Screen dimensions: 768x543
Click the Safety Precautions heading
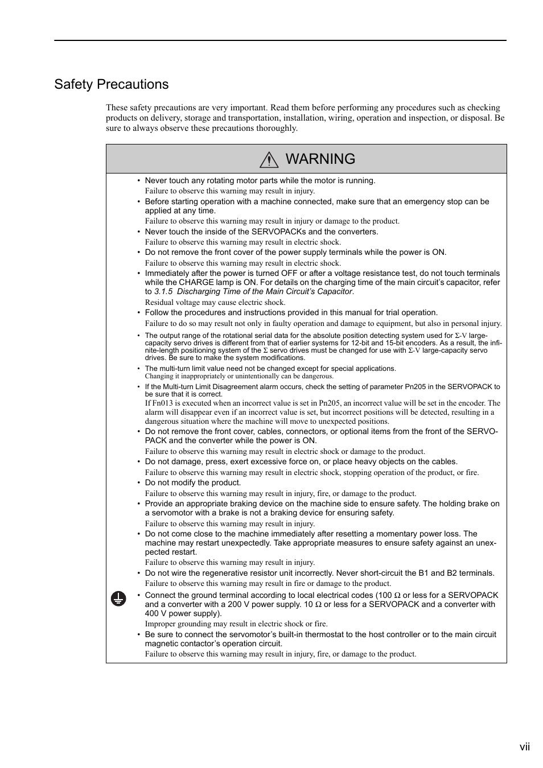click(112, 84)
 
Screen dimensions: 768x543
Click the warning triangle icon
click(269, 160)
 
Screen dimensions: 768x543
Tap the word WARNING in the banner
click(320, 159)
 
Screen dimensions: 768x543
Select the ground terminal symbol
click(118, 598)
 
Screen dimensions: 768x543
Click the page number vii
click(524, 747)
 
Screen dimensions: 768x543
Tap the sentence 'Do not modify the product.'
click(193, 482)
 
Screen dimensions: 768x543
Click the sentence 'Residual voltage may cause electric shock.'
click(215, 302)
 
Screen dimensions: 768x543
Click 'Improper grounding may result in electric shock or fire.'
click(236, 624)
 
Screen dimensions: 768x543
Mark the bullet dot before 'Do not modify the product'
click(138, 482)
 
